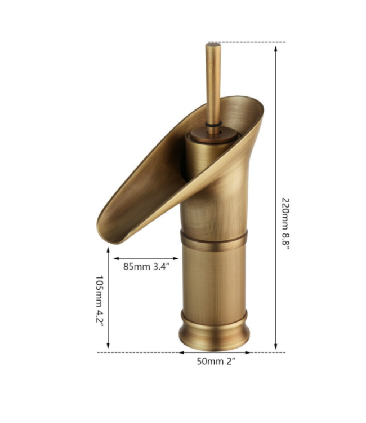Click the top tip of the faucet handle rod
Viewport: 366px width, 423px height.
[x=213, y=46]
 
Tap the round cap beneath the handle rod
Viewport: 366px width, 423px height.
[x=213, y=135]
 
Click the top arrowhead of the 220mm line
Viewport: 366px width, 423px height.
[x=276, y=47]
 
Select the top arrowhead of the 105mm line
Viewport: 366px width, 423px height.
[x=108, y=250]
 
